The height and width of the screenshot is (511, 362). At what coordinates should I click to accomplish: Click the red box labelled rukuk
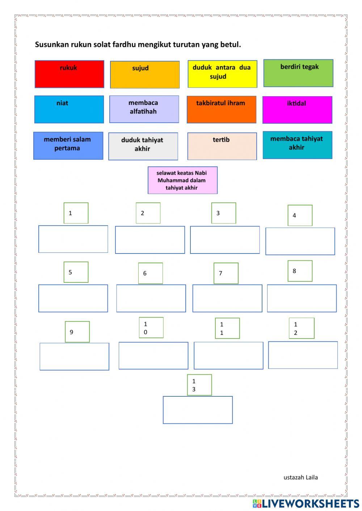pos(69,74)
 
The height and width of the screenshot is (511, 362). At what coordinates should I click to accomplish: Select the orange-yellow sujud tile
pos(145,74)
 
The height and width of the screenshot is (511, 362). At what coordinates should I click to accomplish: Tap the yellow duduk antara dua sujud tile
pos(222,74)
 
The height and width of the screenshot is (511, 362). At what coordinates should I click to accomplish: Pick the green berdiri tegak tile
pos(298,73)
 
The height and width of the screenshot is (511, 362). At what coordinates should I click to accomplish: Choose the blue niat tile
pos(69,109)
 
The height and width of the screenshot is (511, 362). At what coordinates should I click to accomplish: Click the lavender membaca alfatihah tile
pos(144,109)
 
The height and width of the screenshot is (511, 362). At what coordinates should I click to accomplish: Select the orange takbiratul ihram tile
pos(222,110)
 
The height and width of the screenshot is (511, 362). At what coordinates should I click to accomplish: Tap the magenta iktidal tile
pos(297,110)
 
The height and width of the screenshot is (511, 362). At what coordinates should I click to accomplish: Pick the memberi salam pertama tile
pos(68,146)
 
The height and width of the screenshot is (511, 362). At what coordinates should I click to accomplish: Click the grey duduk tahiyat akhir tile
pos(143,146)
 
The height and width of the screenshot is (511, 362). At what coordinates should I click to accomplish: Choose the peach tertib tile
pos(222,146)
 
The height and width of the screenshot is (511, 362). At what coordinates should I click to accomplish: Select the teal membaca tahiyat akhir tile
pos(297,145)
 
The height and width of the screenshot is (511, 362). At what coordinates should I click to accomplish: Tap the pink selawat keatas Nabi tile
pos(182,180)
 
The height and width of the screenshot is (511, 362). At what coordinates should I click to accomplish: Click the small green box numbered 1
pos(76,213)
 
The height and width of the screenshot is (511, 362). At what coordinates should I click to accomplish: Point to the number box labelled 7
pos(226,273)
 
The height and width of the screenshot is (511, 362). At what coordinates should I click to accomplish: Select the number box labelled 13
pos(199,385)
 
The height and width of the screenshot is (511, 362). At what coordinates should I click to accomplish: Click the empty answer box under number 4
pos(300,241)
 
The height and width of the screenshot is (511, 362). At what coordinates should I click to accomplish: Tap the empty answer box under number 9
pos(74,357)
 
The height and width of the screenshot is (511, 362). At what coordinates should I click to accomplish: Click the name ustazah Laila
pos(300,477)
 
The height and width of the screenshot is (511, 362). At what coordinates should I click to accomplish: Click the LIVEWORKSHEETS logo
pos(306,503)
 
